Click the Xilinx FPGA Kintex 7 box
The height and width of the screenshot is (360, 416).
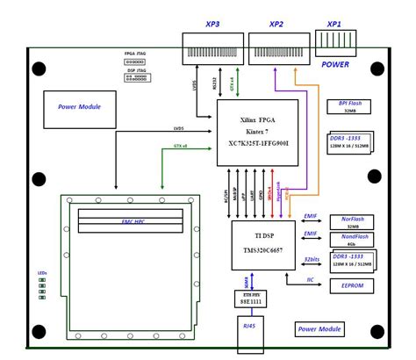(x=257, y=132)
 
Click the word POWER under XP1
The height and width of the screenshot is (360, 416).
(x=335, y=64)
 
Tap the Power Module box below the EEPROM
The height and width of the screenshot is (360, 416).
(x=319, y=329)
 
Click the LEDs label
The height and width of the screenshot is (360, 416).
(x=42, y=273)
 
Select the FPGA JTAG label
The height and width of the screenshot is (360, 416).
(x=135, y=54)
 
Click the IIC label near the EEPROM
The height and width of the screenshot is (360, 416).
(x=310, y=279)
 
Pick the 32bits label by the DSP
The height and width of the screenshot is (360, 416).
(x=311, y=259)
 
